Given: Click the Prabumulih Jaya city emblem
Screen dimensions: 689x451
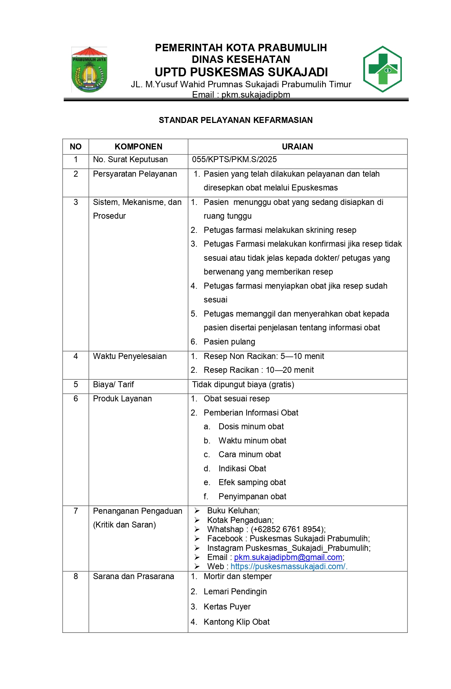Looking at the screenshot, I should coord(89,70).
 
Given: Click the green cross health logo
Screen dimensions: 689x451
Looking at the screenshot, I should coord(382,69).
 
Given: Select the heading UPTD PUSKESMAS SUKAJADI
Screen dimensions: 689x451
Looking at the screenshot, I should coord(241,72).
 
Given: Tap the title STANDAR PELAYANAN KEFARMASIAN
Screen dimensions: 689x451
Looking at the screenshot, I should coord(236,120).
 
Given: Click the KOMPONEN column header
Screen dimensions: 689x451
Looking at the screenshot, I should coord(138,147).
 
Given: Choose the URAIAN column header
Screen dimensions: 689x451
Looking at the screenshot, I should coord(297,147).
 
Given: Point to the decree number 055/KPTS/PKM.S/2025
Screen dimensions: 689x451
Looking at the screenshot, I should coord(234,159).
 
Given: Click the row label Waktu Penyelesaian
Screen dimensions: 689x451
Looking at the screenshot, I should coord(129,356).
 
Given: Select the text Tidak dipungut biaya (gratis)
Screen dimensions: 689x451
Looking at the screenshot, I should coord(243,384).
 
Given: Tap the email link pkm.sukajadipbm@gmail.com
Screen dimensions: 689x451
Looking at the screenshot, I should coord(288,557).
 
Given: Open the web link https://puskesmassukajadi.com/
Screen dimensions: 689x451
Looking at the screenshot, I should coord(289,566).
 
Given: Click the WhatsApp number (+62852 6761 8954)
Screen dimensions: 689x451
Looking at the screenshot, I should coord(288,529).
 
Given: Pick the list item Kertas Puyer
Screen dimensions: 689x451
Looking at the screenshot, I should coord(227,607).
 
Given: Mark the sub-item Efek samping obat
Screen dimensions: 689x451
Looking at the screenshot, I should coord(252,482).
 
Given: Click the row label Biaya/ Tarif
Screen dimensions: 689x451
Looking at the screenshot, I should coord(113,384).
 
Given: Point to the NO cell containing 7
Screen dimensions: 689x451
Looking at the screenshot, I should coord(76,511).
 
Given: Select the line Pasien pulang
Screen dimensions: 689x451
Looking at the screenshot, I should coord(229,342).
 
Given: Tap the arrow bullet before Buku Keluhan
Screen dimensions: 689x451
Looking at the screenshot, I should coord(197,511).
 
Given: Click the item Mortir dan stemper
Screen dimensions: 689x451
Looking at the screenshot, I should coord(237,576).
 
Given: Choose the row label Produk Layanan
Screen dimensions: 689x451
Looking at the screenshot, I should coord(122,399).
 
